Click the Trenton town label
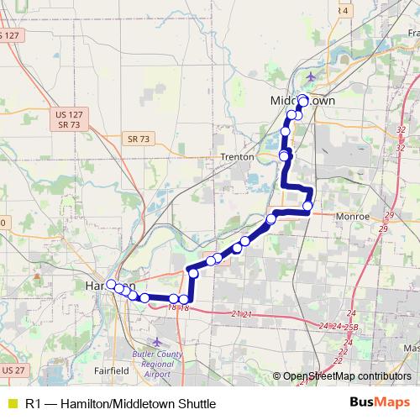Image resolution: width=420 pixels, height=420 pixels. tap(238, 157)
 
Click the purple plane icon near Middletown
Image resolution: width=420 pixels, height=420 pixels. tap(312, 78)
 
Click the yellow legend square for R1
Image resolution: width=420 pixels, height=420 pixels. tap(11, 404)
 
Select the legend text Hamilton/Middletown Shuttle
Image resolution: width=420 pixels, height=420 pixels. tap(134, 404)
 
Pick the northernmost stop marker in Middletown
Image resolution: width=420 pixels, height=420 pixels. tap(302, 101)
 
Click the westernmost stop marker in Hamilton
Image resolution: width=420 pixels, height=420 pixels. tap(111, 284)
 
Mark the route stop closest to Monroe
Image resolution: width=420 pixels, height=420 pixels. tap(307, 205)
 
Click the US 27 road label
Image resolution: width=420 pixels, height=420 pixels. tap(13, 370)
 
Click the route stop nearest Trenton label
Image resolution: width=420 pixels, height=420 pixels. tap(284, 155)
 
